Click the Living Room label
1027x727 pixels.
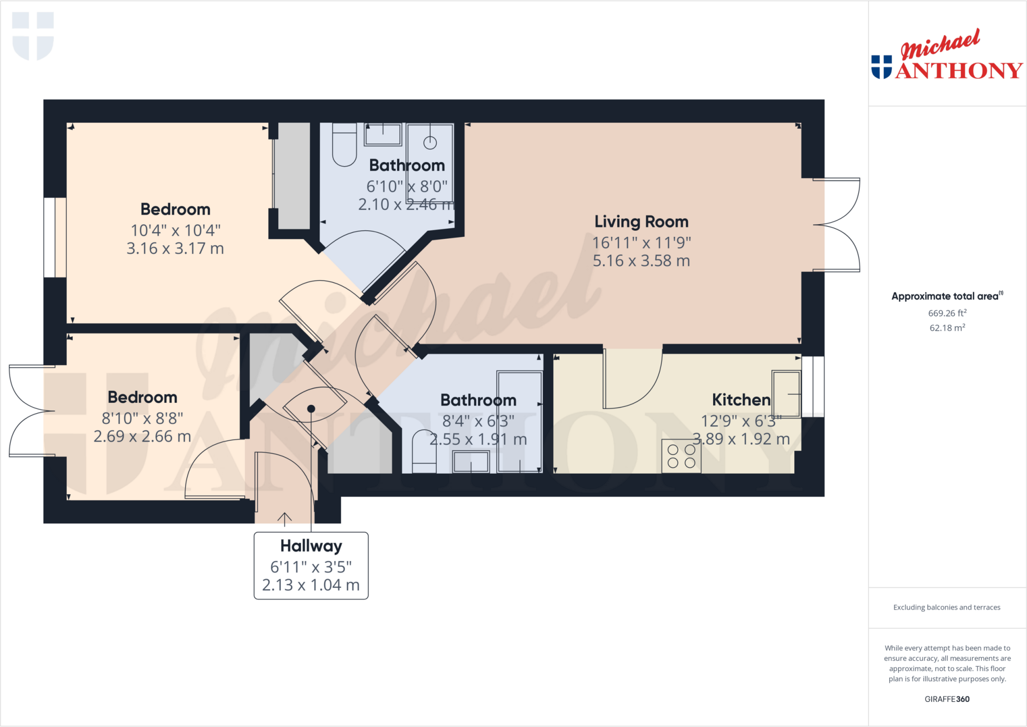(x=641, y=221)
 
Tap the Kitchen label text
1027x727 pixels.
(x=741, y=399)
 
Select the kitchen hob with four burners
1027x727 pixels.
(x=681, y=456)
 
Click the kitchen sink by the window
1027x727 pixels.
(x=786, y=394)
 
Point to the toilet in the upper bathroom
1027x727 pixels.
(x=344, y=146)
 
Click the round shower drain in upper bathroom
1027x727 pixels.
(x=430, y=142)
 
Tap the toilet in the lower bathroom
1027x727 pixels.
(x=424, y=451)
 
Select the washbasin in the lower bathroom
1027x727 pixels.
(x=470, y=462)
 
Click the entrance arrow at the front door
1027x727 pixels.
(x=284, y=519)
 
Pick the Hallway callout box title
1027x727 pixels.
(x=311, y=545)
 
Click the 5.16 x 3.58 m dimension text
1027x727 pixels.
(x=641, y=261)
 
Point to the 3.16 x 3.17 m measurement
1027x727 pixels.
(x=175, y=248)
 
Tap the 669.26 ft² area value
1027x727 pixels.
(x=947, y=313)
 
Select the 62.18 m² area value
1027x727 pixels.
(x=947, y=328)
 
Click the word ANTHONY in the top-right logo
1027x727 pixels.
(x=959, y=71)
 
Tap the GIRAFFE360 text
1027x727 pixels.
(x=947, y=699)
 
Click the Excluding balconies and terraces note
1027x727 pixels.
(x=946, y=607)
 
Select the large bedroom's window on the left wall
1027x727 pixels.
(x=55, y=237)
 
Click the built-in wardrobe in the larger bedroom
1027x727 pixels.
(x=293, y=176)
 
